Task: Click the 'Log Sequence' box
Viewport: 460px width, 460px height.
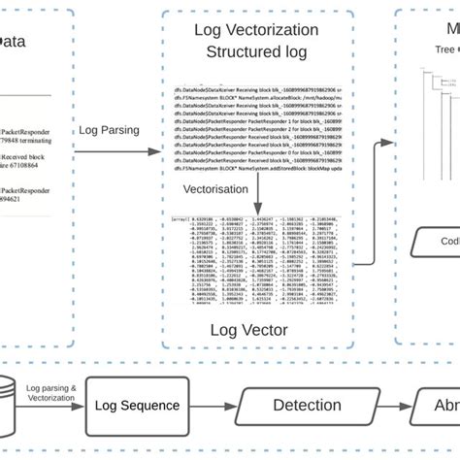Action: pyautogui.click(x=143, y=406)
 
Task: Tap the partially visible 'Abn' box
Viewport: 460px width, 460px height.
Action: pyautogui.click(x=438, y=406)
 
